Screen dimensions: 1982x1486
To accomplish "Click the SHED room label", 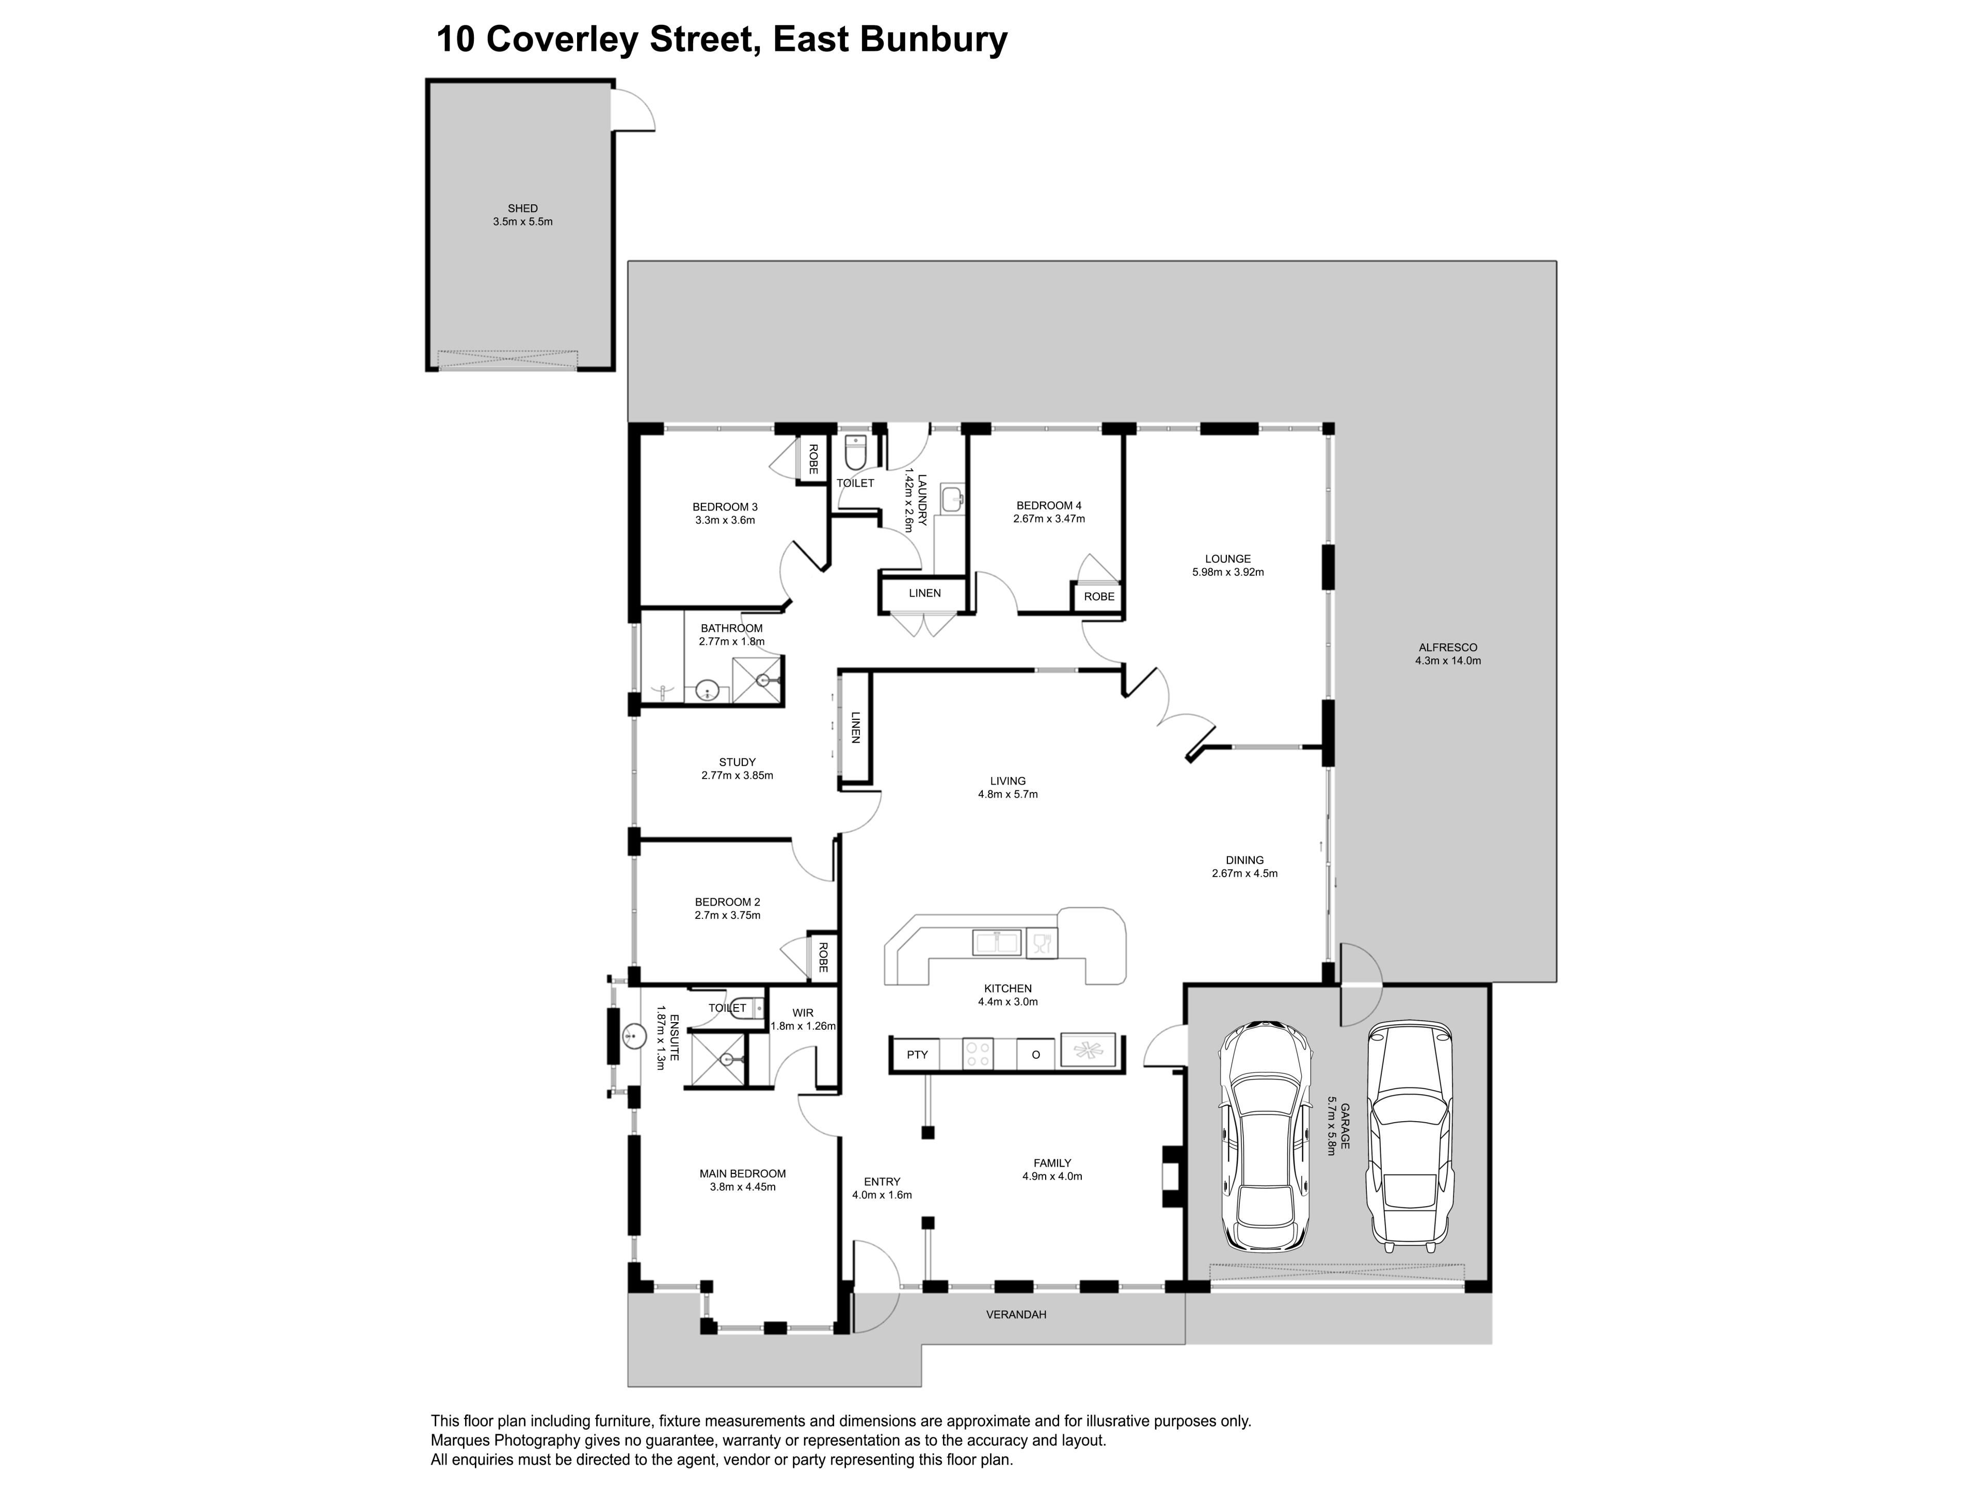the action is (522, 208).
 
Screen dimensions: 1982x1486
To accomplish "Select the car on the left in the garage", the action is (1264, 1136).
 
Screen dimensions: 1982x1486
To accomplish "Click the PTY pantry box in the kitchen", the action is (917, 1054).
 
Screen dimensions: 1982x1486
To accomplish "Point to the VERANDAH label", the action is (1016, 1315).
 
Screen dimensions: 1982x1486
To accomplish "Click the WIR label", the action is (803, 1013).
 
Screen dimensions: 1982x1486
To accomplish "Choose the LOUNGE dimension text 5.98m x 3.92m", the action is (1227, 572).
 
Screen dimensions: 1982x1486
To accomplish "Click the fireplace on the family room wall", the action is (1172, 1176).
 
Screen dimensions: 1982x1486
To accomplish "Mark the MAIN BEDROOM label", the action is (743, 1173).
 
